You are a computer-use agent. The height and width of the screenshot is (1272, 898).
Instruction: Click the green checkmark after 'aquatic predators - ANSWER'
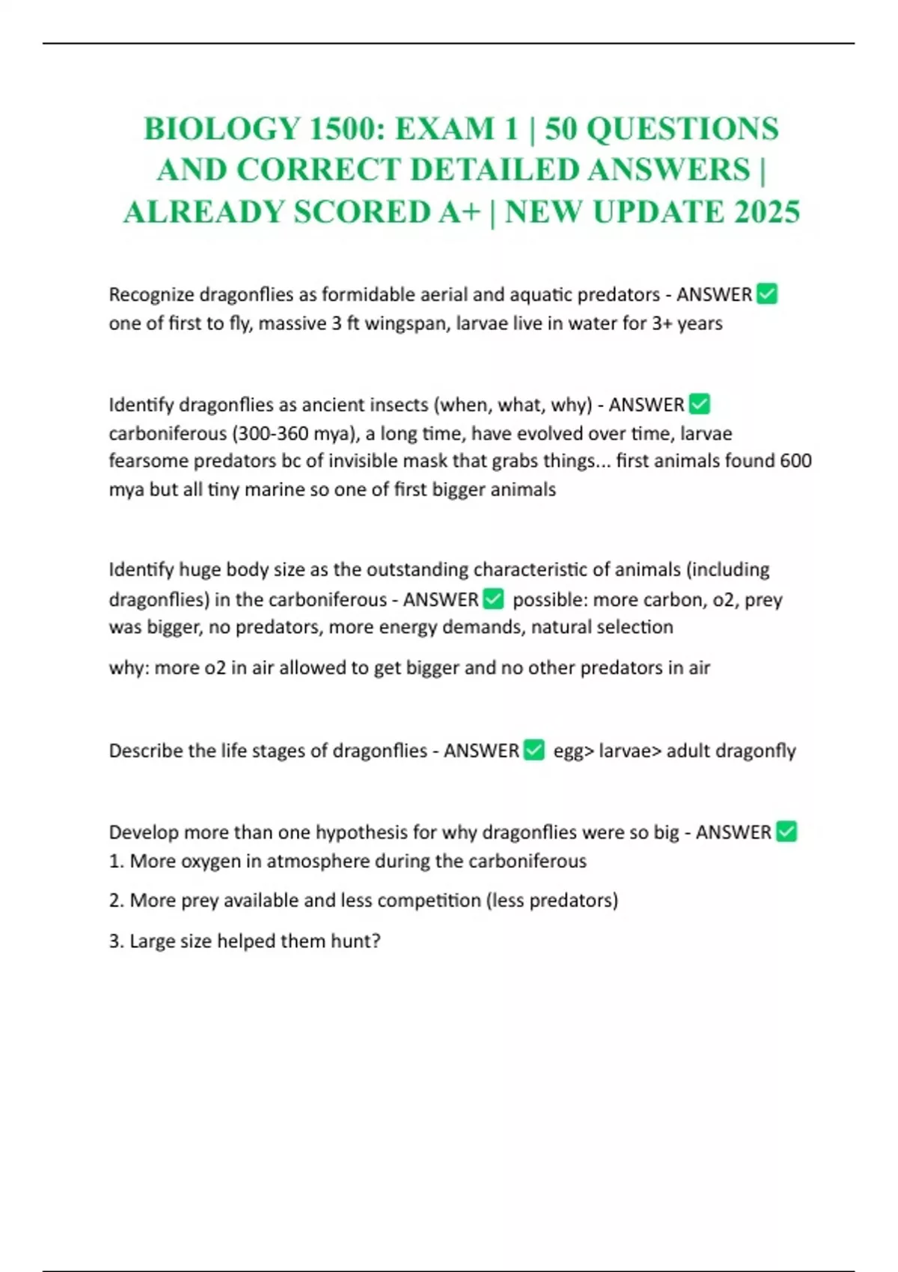tap(767, 294)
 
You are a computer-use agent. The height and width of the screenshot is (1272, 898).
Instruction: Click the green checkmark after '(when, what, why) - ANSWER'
tap(699, 405)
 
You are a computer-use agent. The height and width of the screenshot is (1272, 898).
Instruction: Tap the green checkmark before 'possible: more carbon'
tap(493, 599)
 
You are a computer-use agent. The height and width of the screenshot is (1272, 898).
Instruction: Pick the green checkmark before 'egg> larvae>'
tap(534, 750)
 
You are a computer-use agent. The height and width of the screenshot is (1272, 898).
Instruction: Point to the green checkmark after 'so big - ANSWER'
tap(786, 832)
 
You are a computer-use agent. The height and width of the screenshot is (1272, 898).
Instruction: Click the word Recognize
tap(151, 295)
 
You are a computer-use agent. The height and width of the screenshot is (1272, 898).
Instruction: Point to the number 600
tap(795, 461)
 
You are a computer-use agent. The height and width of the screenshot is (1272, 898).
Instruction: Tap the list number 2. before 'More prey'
tap(117, 900)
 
